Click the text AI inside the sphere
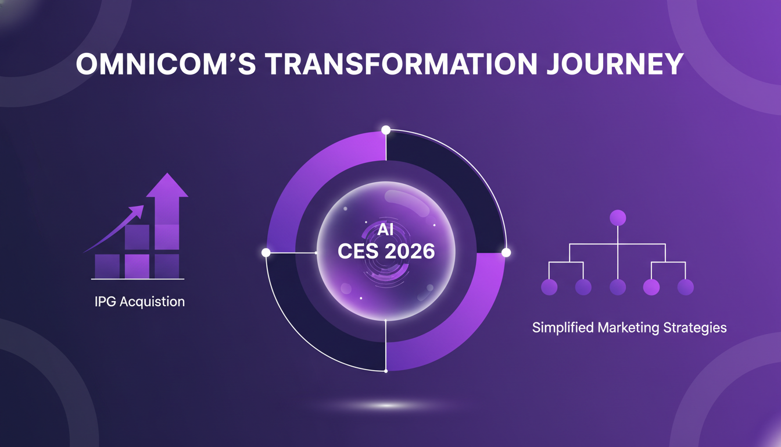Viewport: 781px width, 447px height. click(385, 229)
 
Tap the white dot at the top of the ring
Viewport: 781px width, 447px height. click(385, 129)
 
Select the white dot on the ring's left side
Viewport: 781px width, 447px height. click(266, 253)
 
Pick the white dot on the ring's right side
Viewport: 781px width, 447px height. click(506, 253)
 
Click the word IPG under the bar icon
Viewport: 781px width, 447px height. click(106, 301)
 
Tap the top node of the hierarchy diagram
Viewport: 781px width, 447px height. click(617, 218)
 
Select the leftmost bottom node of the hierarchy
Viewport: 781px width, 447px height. click(549, 287)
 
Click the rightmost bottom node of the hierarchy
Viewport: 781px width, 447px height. click(686, 287)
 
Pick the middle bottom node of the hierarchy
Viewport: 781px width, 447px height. click(617, 287)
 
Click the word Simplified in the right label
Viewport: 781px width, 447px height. click(560, 328)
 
